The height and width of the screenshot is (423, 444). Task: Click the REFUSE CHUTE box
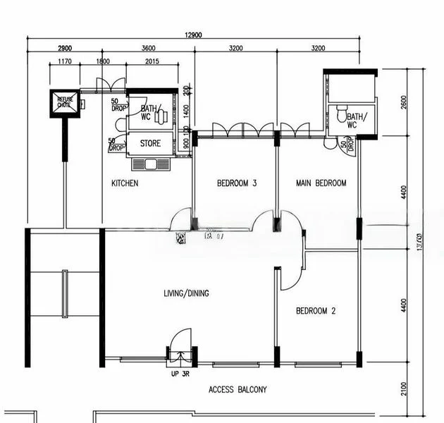pyautogui.click(x=63, y=103)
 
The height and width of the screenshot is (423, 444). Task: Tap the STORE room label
pyautogui.click(x=150, y=144)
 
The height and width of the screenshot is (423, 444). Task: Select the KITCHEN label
pyautogui.click(x=125, y=183)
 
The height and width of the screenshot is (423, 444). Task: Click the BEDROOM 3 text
pyautogui.click(x=236, y=183)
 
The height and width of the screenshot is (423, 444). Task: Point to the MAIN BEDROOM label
pyautogui.click(x=321, y=183)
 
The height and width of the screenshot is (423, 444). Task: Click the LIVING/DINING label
pyautogui.click(x=186, y=293)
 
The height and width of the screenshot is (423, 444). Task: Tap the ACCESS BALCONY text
pyautogui.click(x=238, y=389)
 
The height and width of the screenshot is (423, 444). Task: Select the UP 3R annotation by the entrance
pyautogui.click(x=180, y=374)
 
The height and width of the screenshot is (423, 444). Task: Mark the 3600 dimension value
pyautogui.click(x=148, y=49)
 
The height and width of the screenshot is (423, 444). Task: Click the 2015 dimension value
pyautogui.click(x=152, y=62)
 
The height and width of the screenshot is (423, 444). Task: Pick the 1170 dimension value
pyautogui.click(x=64, y=62)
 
